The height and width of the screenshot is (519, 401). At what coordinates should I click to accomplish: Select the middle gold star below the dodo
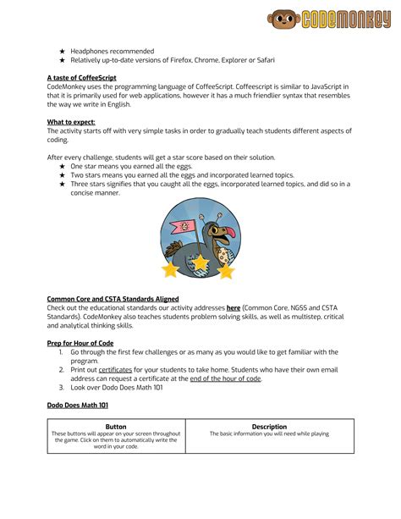tap(200, 265)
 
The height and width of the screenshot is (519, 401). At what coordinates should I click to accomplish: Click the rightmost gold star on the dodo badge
tap(227, 271)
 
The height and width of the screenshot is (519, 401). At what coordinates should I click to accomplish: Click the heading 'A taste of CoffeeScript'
tap(81, 77)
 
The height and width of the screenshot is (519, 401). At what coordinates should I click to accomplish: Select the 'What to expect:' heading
tap(71, 122)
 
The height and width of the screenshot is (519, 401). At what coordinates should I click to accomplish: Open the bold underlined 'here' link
tap(233, 306)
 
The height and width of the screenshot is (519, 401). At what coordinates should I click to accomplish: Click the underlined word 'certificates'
tap(116, 369)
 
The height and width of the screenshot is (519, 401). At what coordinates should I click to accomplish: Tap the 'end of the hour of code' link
tap(225, 378)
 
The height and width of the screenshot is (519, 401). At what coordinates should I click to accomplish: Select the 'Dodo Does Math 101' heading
tap(77, 406)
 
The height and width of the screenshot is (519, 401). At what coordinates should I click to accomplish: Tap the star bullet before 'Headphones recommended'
tap(62, 51)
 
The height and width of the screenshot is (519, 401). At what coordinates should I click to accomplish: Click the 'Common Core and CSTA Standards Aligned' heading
tap(113, 297)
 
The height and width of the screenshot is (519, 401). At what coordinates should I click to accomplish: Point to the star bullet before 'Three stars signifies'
tap(62, 184)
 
